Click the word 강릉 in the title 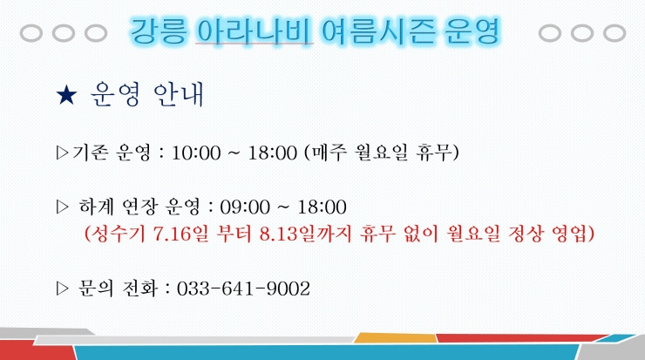click(159, 31)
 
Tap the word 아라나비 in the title click(254, 31)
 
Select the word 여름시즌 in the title click(377, 31)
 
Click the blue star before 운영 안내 click(66, 95)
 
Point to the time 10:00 click(196, 153)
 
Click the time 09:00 click(244, 207)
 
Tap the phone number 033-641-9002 click(243, 289)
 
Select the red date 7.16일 click(180, 234)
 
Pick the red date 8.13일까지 click(306, 234)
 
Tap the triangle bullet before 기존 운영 click(63, 153)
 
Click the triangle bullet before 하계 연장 click(63, 207)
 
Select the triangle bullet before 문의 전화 click(63, 289)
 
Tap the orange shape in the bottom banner click(396, 338)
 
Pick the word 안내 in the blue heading click(179, 95)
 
